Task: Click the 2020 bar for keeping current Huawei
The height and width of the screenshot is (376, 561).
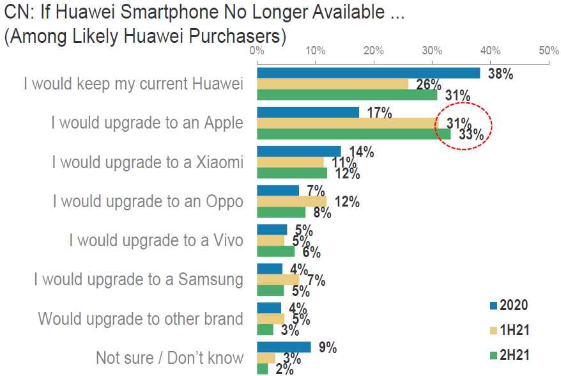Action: (x=368, y=73)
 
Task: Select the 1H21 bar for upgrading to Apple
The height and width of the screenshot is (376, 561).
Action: (x=345, y=123)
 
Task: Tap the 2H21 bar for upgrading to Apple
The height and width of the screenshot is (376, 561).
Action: (x=353, y=134)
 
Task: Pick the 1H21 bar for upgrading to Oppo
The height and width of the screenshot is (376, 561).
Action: (x=292, y=201)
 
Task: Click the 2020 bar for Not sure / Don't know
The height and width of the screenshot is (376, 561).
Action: (x=284, y=347)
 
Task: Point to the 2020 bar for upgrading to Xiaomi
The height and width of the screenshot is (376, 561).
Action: (x=299, y=152)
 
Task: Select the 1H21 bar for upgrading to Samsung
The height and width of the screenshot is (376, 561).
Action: (x=278, y=279)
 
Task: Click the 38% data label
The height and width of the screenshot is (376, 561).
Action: (x=500, y=74)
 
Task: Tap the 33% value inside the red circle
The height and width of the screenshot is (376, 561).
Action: (x=471, y=135)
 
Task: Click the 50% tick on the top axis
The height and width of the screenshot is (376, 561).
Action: (x=549, y=51)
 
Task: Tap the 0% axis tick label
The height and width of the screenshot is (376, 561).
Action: (x=257, y=51)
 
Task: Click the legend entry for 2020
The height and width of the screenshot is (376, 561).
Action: (x=513, y=305)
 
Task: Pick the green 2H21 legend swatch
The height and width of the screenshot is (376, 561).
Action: (x=493, y=355)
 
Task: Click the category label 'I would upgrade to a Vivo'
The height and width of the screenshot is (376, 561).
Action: (x=156, y=240)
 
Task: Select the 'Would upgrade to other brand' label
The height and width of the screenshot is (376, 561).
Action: (x=141, y=318)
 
